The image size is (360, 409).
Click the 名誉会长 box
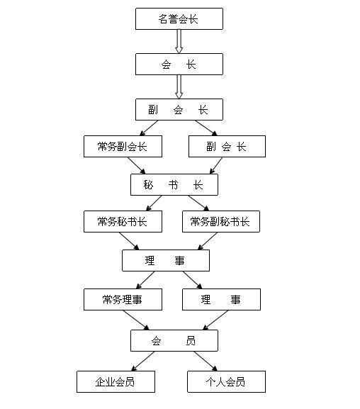[x=179, y=18]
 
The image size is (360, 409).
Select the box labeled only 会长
[x=179, y=65]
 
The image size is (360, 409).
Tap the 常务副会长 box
[x=123, y=146]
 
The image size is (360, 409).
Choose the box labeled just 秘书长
[x=174, y=185]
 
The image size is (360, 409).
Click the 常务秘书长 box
[x=123, y=221]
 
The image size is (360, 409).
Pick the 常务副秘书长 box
[x=221, y=221]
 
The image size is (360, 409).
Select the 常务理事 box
[x=123, y=299]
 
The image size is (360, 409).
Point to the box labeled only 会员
[x=174, y=341]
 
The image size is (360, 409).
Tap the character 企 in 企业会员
[x=100, y=382]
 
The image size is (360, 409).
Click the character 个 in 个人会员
[x=210, y=382]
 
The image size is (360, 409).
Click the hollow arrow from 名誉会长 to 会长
[x=179, y=41]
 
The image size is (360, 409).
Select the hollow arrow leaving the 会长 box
[x=179, y=86]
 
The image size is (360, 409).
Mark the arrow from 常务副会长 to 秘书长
[x=137, y=165]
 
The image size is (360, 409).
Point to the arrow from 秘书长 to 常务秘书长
[x=154, y=203]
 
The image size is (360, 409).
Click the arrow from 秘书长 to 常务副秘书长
[x=199, y=203]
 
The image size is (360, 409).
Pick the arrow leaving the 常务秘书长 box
[x=129, y=241]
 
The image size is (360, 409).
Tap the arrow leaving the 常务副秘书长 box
[x=208, y=241]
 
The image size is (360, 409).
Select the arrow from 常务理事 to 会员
[x=136, y=320]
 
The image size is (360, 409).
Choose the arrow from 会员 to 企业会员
[x=143, y=361]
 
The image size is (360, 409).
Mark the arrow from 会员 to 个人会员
[x=206, y=361]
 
